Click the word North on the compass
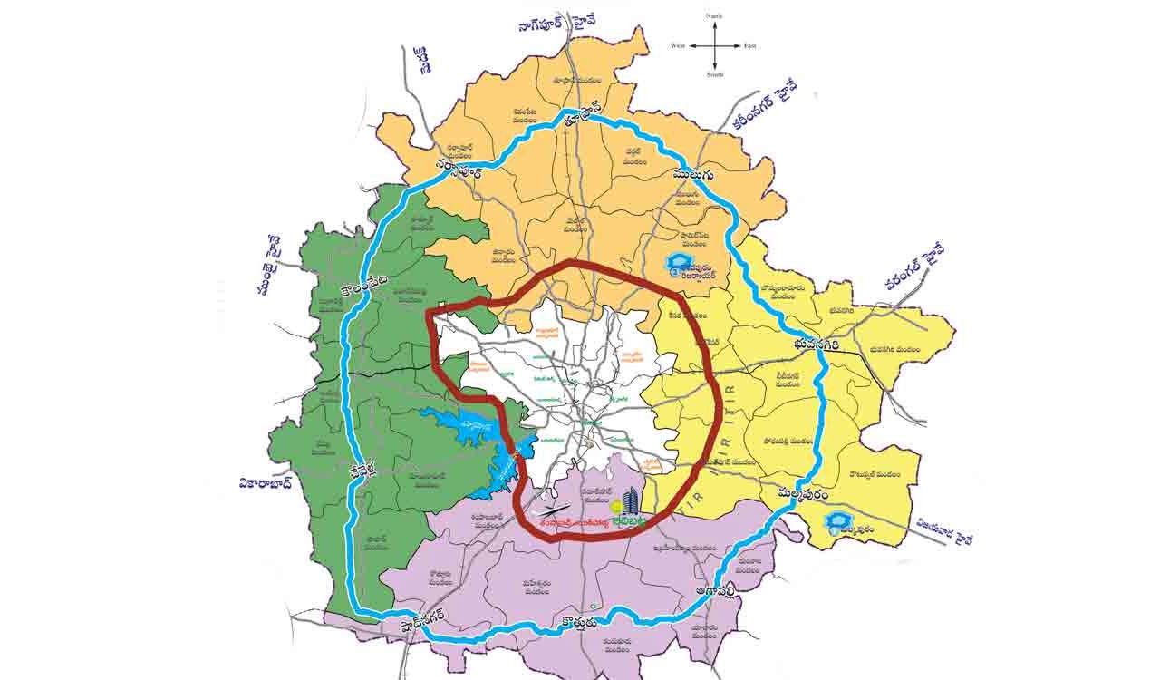[714, 15]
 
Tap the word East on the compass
[749, 45]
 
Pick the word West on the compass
[678, 45]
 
